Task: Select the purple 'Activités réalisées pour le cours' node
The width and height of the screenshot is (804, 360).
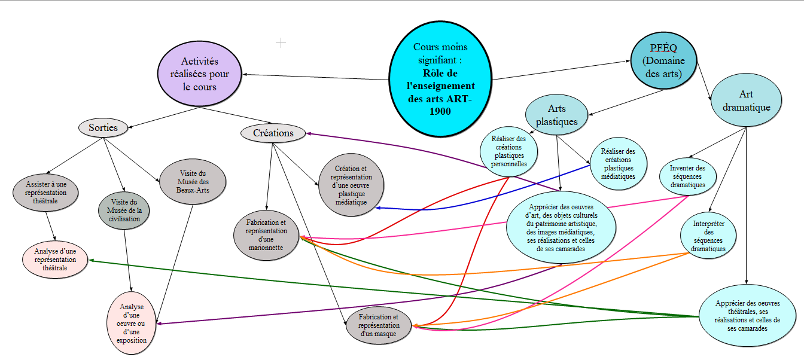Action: pyautogui.click(x=200, y=74)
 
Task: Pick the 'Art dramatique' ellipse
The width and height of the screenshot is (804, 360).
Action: pyautogui.click(x=746, y=100)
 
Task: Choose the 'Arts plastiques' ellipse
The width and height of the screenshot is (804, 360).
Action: pyautogui.click(x=556, y=115)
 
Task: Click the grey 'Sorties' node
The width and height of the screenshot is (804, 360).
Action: pyautogui.click(x=103, y=127)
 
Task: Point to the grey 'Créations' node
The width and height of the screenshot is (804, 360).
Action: pyautogui.click(x=273, y=133)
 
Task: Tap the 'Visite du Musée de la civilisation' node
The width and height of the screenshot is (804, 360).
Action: pyautogui.click(x=124, y=210)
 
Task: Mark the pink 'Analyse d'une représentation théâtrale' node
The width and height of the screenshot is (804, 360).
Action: pyautogui.click(x=55, y=260)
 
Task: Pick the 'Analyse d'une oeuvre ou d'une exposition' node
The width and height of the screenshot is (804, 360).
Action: pyautogui.click(x=132, y=323)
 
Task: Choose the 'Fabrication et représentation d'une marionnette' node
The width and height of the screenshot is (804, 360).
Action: pyautogui.click(x=266, y=235)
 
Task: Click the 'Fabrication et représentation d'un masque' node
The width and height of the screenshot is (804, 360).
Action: pyautogui.click(x=379, y=325)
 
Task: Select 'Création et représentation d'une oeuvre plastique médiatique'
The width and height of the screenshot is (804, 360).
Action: pyautogui.click(x=351, y=185)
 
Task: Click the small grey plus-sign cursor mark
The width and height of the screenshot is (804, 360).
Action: pyautogui.click(x=281, y=42)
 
